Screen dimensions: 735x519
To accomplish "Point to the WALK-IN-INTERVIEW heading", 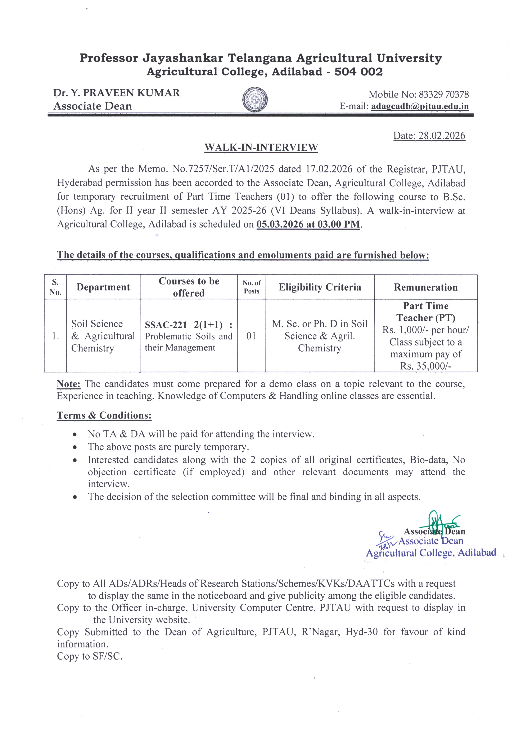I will (261, 148).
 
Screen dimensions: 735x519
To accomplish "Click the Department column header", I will (103, 287).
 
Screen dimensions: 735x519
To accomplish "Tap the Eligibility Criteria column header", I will (320, 287).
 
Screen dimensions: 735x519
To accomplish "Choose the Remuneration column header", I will (426, 287).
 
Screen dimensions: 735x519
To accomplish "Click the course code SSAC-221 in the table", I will (166, 325).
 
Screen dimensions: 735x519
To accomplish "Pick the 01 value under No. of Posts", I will (251, 336).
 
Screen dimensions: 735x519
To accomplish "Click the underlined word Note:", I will (68, 384).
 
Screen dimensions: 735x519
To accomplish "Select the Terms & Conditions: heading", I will (104, 415).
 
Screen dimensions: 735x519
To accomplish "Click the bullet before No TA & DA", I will (75, 434).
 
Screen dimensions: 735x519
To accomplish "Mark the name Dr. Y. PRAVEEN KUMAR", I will (116, 93).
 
